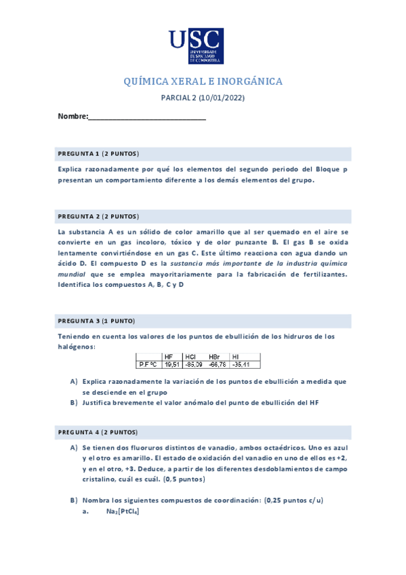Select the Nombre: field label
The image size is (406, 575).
[73, 117]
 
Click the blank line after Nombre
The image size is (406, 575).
[147, 117]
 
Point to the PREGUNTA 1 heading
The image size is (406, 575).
[98, 153]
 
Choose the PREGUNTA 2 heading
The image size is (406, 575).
[98, 216]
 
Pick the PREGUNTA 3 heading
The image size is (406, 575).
[96, 320]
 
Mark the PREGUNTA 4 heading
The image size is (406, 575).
[98, 432]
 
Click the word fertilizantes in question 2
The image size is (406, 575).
[319, 274]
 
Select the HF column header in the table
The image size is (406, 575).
[168, 357]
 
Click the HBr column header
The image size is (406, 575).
[214, 357]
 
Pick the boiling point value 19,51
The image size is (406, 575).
[171, 364]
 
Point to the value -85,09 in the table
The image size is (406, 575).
[193, 364]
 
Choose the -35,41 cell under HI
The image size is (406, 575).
[241, 364]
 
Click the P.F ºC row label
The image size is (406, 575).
[148, 364]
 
